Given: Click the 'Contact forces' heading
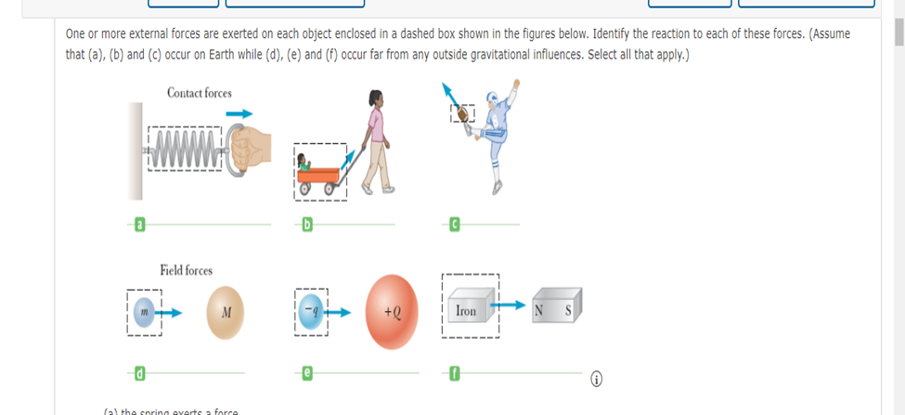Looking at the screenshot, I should tap(200, 93).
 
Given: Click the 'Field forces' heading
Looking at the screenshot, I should tap(186, 270).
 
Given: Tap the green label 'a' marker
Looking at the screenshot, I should tap(140, 224).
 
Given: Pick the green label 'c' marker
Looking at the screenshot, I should tap(456, 224).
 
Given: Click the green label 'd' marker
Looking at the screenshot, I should tap(140, 373).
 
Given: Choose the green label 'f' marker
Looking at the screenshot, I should tap(456, 373).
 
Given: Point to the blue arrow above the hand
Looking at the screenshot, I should tap(240, 114).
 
